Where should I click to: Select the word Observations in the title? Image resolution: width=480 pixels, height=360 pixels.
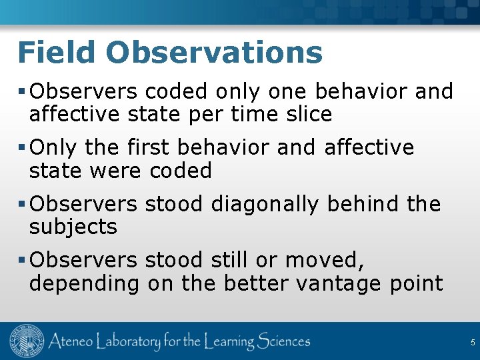pyautogui.click(x=213, y=52)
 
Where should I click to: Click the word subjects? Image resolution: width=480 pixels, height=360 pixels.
pyautogui.click(x=73, y=227)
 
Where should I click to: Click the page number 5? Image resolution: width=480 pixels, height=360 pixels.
pyautogui.click(x=472, y=343)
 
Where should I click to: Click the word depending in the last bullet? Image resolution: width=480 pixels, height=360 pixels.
pyautogui.click(x=84, y=284)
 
